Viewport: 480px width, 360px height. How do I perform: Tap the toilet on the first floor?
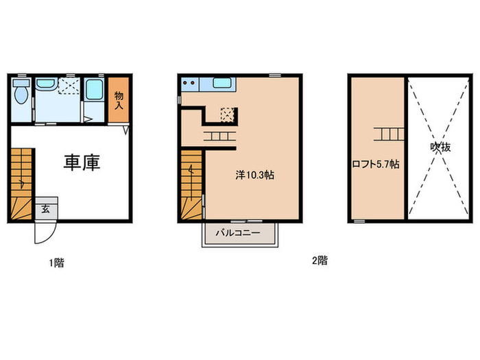21,93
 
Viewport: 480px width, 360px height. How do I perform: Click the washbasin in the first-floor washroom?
45,84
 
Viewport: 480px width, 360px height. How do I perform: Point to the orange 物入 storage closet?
118,99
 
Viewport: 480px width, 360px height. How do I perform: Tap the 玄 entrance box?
45,208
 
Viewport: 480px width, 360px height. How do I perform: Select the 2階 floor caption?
320,261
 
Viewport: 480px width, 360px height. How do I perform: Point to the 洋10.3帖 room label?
255,175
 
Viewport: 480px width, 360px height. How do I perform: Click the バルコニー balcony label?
237,233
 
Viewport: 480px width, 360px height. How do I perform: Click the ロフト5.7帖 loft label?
376,165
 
